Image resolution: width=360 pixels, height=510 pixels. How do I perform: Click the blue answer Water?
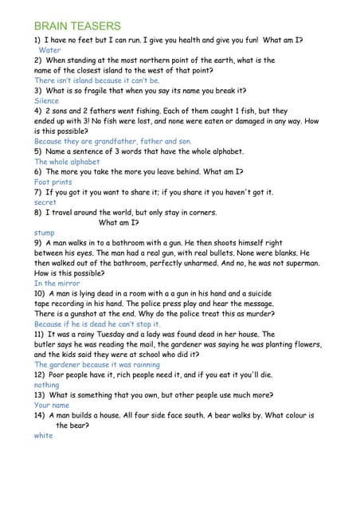point(49,49)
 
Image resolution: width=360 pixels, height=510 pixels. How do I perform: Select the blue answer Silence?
point(47,101)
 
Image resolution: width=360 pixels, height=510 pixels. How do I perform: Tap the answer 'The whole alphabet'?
point(67,162)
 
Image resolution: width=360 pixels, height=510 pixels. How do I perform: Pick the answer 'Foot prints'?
point(53,182)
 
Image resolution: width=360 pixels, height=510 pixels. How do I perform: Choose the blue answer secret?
point(45,202)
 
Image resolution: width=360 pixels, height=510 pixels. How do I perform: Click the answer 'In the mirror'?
point(57,283)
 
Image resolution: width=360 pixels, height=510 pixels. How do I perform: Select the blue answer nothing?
point(47,385)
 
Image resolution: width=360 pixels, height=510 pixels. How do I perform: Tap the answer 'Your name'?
point(53,405)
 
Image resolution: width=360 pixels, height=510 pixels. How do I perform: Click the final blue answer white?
point(43,435)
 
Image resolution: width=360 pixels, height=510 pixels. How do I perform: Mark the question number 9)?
point(38,242)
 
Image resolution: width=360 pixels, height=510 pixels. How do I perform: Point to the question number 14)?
point(40,415)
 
